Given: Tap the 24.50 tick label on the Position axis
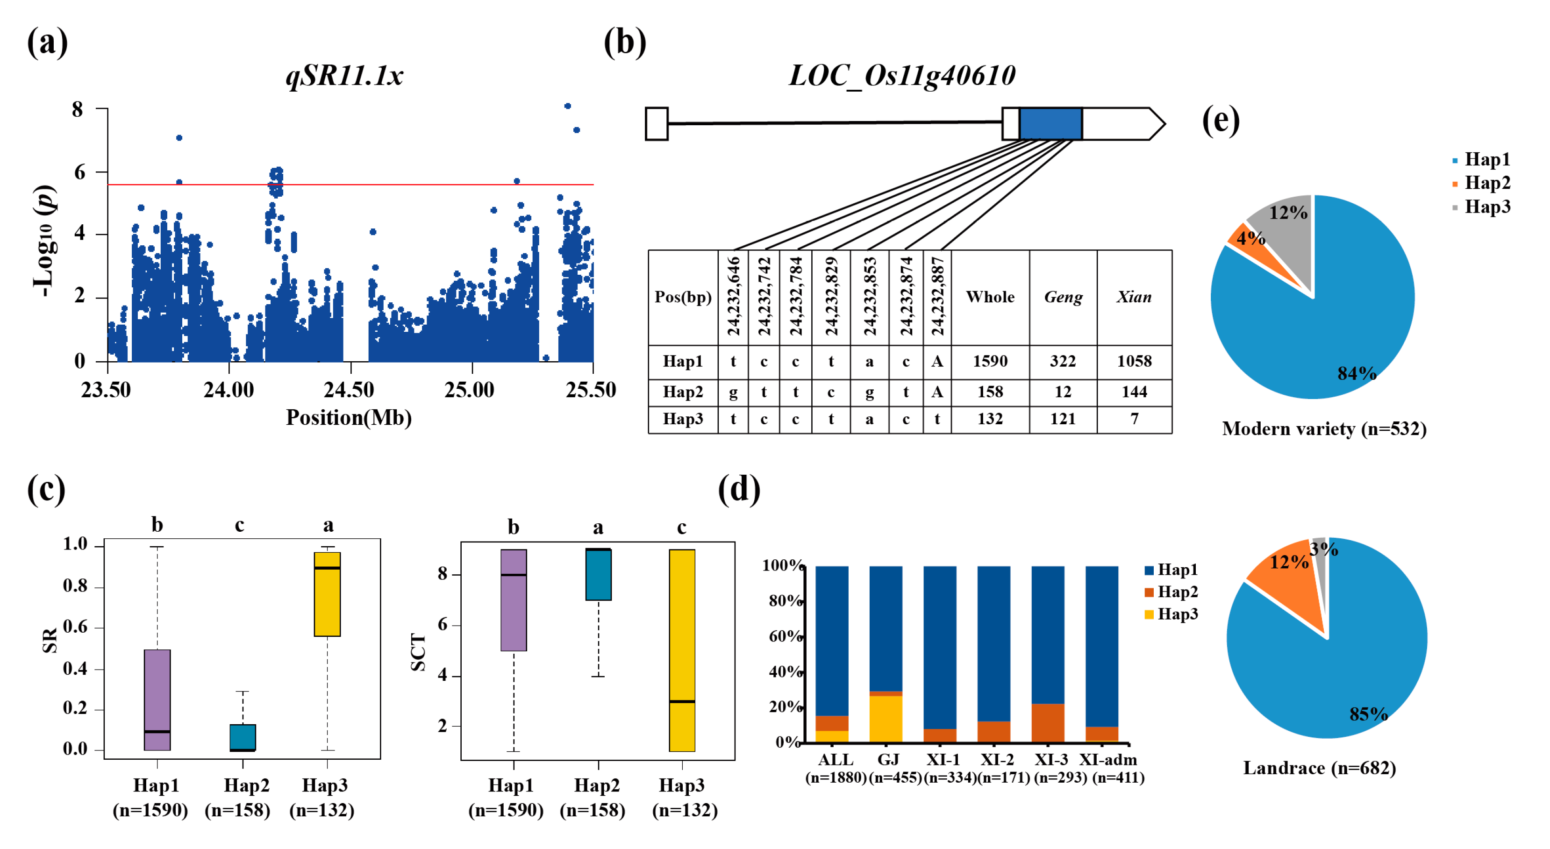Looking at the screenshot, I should pyautogui.click(x=349, y=390).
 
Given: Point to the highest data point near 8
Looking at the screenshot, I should pyautogui.click(x=567, y=106).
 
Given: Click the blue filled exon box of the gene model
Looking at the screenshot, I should pyautogui.click(x=1050, y=124).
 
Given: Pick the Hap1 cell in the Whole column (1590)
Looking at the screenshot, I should pyautogui.click(x=990, y=361).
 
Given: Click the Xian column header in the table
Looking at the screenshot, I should pyautogui.click(x=1134, y=297).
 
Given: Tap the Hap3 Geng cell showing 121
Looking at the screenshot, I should pyautogui.click(x=1063, y=419).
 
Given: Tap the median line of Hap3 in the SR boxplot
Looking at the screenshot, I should pyautogui.click(x=327, y=568).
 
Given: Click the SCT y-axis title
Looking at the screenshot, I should pyautogui.click(x=418, y=652).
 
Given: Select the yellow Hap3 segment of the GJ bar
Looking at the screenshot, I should pyautogui.click(x=886, y=719).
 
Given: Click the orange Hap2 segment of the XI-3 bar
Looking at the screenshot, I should pyautogui.click(x=1048, y=722).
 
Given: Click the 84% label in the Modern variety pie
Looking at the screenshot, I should pyautogui.click(x=1356, y=374).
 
